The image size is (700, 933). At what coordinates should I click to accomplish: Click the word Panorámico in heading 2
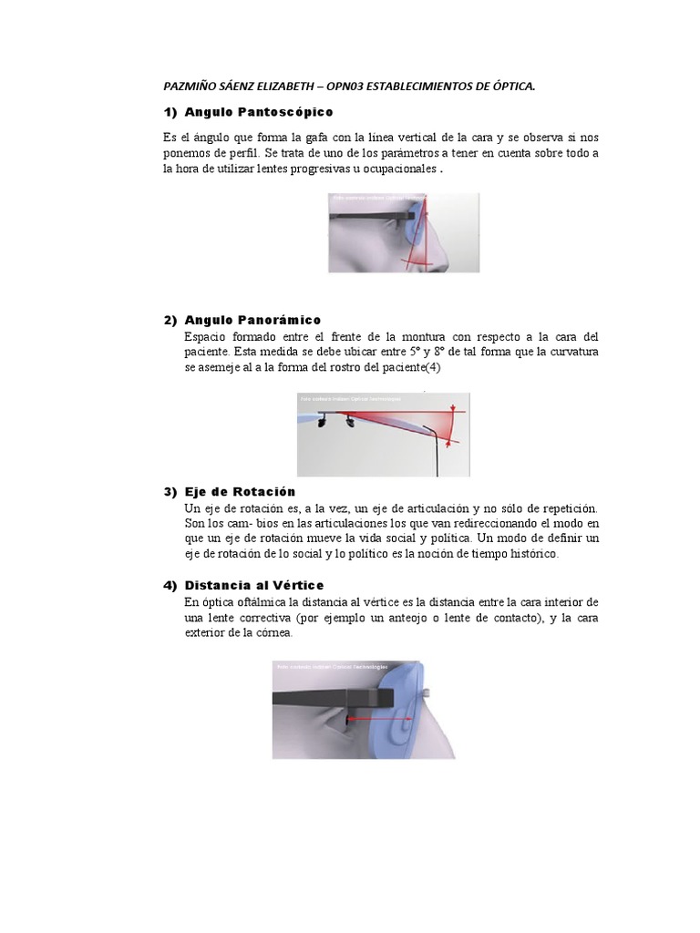point(279,320)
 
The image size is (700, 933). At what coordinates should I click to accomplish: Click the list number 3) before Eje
point(170,491)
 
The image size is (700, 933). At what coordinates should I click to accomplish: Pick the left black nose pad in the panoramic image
point(323,422)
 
